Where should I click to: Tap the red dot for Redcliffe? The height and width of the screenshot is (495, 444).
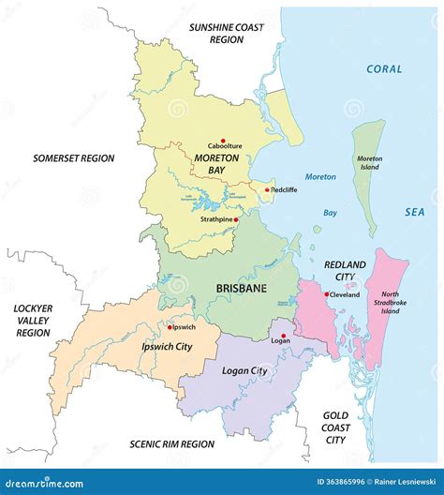coord(267,190)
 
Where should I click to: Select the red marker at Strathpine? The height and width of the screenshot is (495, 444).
coord(236,219)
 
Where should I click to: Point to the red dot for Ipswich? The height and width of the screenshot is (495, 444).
coord(170,327)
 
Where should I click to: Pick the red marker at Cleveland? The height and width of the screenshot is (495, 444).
coord(326,294)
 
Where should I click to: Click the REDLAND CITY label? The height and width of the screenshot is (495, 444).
coord(346,272)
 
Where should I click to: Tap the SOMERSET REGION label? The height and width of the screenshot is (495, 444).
coord(73,158)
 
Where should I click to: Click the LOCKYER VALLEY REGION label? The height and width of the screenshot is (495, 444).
coord(32,320)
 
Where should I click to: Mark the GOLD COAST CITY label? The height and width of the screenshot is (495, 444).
coord(335,427)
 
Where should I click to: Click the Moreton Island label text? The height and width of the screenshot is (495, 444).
coord(369,165)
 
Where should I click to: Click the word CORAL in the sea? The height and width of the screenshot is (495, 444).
coord(384,68)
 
